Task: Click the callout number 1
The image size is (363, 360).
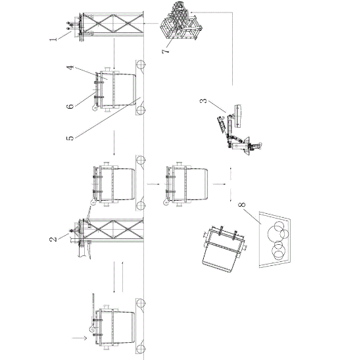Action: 53,39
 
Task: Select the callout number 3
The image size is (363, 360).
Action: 203,101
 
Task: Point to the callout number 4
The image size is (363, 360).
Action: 70,68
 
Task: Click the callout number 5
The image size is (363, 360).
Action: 70,138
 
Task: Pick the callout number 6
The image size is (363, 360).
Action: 70,107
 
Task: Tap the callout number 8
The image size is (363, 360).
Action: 242,205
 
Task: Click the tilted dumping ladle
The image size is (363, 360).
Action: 224,248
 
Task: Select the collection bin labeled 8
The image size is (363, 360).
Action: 275,240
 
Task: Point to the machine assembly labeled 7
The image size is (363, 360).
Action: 181,21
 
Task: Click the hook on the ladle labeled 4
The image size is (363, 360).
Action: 95,108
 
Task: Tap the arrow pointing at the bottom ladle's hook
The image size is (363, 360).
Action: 80,338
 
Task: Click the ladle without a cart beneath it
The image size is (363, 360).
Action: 186,184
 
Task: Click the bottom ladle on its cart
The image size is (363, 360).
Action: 114,327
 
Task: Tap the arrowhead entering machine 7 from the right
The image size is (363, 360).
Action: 192,13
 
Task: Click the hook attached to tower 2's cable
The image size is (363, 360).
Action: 93,203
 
